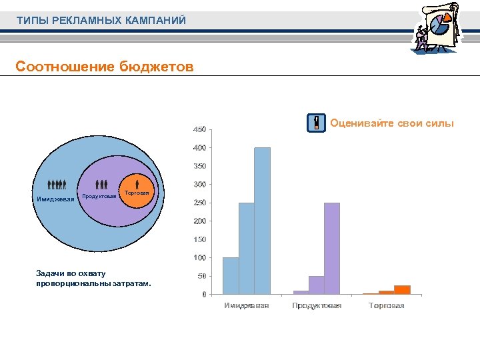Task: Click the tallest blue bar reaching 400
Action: click(262, 220)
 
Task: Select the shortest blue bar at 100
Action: click(231, 275)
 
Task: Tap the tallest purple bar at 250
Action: click(332, 248)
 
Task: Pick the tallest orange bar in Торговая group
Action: click(402, 289)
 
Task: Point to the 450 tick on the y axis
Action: click(199, 129)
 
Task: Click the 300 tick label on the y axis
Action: click(199, 184)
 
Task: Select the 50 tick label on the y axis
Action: click(201, 276)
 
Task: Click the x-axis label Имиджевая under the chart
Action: click(247, 305)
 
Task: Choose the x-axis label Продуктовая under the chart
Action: click(317, 305)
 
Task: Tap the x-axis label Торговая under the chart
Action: click(387, 305)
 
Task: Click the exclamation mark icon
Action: click(316, 123)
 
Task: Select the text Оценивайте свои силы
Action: click(391, 123)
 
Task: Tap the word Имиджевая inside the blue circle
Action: click(55, 198)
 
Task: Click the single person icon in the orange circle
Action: click(137, 183)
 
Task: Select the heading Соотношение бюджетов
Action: click(105, 67)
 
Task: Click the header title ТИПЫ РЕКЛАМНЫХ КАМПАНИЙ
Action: click(101, 21)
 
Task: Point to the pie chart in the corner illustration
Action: click(440, 25)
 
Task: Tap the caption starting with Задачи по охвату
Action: click(93, 278)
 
